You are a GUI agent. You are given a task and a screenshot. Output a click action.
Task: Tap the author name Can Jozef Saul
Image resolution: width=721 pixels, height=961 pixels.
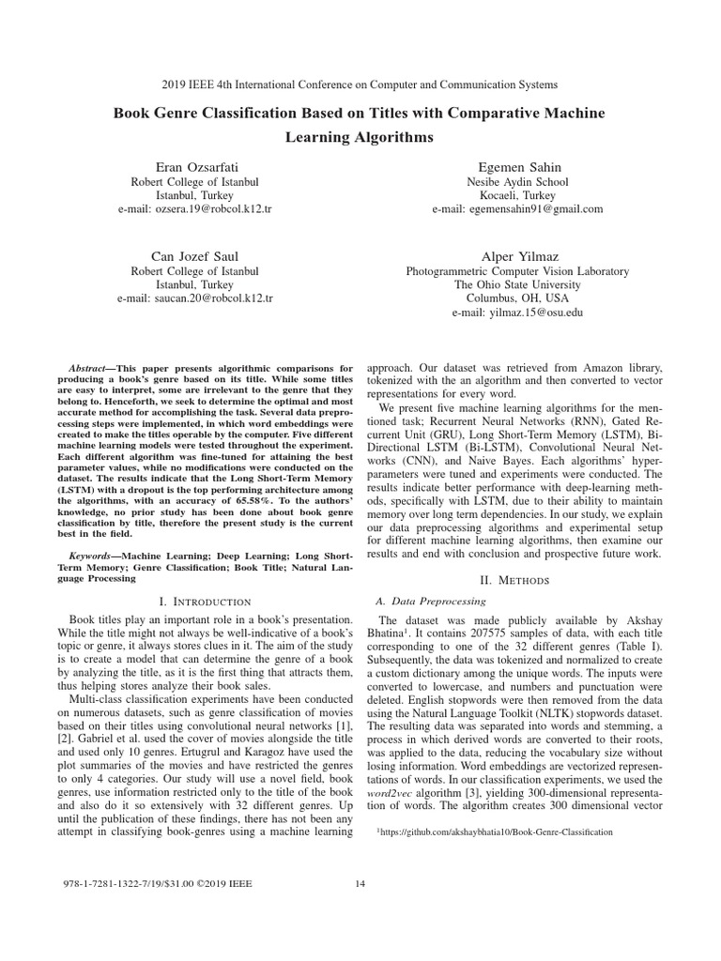(x=194, y=255)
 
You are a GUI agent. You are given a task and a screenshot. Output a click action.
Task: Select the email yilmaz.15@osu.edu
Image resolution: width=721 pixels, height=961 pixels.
(x=517, y=313)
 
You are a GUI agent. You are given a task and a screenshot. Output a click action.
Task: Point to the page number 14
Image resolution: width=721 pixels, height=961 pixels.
(x=360, y=883)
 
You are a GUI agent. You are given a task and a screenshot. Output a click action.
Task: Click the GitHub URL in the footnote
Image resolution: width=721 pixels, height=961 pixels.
(x=496, y=831)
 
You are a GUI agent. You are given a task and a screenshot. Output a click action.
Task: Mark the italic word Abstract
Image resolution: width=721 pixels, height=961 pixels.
(x=92, y=343)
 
